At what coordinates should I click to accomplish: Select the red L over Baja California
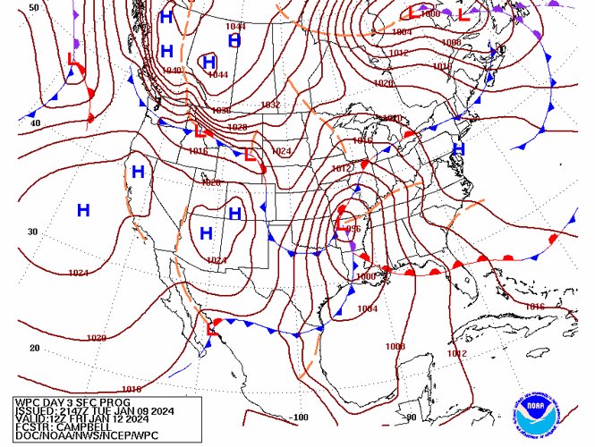pyautogui.click(x=212, y=328)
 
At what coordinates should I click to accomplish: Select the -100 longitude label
pyautogui.click(x=299, y=417)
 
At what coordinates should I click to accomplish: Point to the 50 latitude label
pyautogui.click(x=34, y=7)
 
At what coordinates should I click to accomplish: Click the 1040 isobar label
pyautogui.click(x=172, y=70)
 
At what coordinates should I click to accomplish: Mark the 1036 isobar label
pyautogui.click(x=221, y=110)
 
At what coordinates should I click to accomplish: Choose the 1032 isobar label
pyautogui.click(x=271, y=105)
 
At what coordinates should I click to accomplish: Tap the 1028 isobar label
pyautogui.click(x=237, y=127)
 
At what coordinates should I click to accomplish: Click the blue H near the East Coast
pyautogui.click(x=459, y=149)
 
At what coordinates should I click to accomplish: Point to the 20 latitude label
pyautogui.click(x=34, y=348)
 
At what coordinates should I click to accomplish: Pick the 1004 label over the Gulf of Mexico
pyautogui.click(x=367, y=308)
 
